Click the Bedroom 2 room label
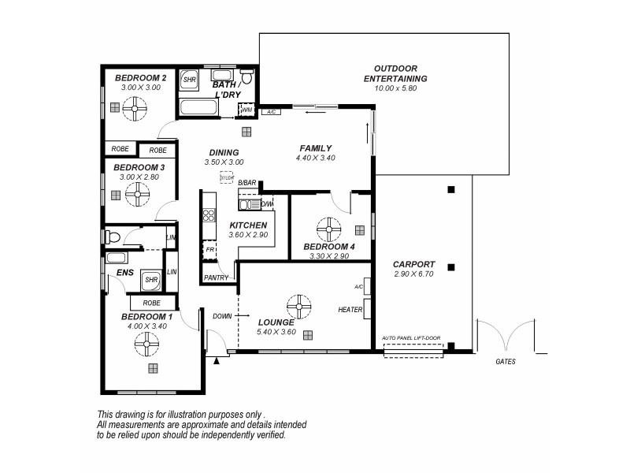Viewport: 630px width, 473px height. point(140,78)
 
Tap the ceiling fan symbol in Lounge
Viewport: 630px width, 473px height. point(298,306)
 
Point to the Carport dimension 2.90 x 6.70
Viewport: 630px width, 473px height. point(413,274)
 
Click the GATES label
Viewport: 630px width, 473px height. point(506,363)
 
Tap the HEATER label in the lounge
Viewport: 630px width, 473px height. point(350,310)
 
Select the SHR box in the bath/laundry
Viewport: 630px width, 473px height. point(190,80)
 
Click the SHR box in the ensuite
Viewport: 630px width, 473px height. point(151,280)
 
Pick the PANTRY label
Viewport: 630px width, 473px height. point(216,277)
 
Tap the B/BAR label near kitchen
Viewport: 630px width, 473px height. point(247,183)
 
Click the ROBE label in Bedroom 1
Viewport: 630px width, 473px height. point(152,303)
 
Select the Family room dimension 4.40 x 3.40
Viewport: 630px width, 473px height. point(315,158)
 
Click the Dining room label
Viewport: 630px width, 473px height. point(224,153)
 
